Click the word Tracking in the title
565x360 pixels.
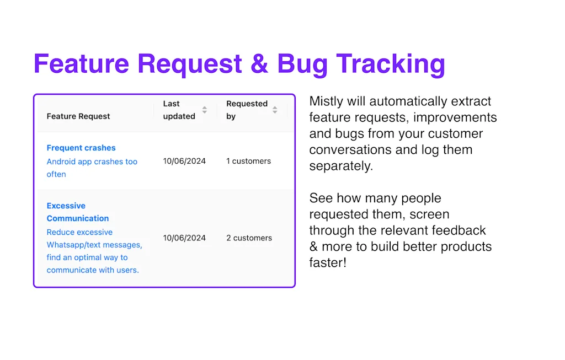coord(391,64)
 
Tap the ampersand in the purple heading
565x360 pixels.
coord(259,64)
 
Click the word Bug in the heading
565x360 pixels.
coord(302,65)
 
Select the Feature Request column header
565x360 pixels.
coord(78,116)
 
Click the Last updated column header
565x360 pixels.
coord(179,110)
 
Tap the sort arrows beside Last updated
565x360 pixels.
coord(204,110)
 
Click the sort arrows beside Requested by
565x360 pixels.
coord(275,110)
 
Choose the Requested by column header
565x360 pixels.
coord(247,110)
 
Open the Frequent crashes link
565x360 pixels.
coord(81,148)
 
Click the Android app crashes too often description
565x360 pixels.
coord(92,168)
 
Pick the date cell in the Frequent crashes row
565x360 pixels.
coord(184,161)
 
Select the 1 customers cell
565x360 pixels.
coord(249,161)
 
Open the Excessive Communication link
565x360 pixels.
coord(77,212)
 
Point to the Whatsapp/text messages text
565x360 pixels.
coord(94,245)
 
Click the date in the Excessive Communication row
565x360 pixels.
coord(184,238)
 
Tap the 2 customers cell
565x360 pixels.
coord(249,238)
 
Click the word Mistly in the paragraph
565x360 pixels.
coord(326,101)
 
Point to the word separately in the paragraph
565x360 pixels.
coord(340,166)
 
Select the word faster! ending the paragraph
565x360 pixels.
coord(328,262)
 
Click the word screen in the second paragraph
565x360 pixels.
coord(429,214)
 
